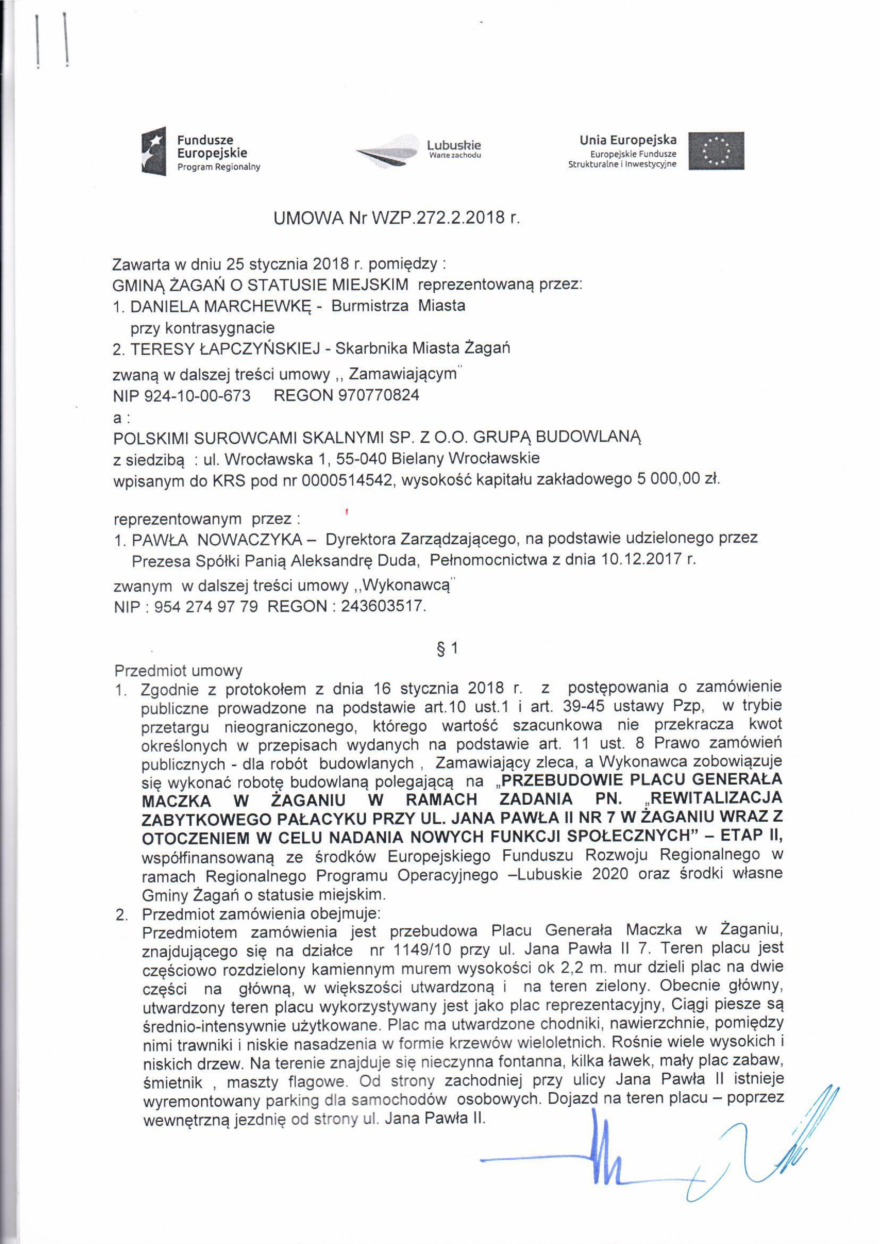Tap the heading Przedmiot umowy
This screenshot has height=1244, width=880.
(178, 671)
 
